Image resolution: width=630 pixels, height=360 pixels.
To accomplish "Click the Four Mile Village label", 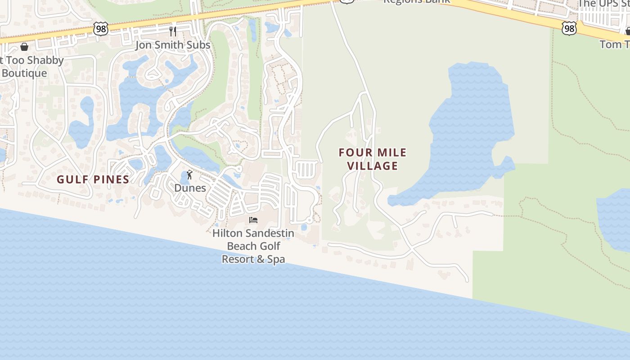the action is click(x=373, y=159).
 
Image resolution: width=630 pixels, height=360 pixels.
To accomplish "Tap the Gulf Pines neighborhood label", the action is click(x=93, y=179).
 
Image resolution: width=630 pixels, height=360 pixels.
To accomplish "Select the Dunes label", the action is click(x=190, y=188).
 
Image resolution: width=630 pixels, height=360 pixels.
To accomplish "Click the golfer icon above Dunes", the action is click(x=189, y=175).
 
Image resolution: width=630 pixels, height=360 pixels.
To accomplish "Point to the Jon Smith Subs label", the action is click(x=173, y=45).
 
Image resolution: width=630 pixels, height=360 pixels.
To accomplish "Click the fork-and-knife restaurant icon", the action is click(x=173, y=31).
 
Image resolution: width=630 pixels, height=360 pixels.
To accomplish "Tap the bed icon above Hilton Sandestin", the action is click(x=253, y=220).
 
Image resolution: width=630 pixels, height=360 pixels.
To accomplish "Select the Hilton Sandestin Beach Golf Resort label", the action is click(x=253, y=246).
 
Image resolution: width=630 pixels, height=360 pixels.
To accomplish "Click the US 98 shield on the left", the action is click(x=101, y=29).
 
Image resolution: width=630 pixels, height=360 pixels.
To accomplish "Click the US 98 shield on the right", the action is click(x=569, y=29).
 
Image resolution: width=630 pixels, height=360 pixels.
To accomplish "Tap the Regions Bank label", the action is click(x=416, y=2).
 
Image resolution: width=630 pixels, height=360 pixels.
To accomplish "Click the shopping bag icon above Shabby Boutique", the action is click(x=24, y=47).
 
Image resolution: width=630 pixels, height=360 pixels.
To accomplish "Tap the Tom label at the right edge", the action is click(x=615, y=44).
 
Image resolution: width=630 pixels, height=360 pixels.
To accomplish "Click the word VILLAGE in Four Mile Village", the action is click(x=373, y=166).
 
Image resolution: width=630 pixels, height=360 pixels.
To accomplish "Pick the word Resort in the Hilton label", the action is click(x=238, y=259).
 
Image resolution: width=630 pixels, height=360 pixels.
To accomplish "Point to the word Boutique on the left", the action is click(x=25, y=73).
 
